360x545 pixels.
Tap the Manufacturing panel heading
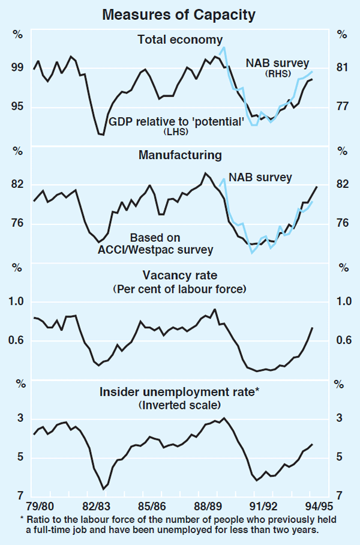(x=180, y=155)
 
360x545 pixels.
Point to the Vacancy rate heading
(x=180, y=276)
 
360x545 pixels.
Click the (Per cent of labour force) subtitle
(x=180, y=289)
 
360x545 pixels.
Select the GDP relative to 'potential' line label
(x=176, y=122)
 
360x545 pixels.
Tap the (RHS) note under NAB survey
(x=278, y=74)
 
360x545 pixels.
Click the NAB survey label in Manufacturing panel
(x=260, y=178)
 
